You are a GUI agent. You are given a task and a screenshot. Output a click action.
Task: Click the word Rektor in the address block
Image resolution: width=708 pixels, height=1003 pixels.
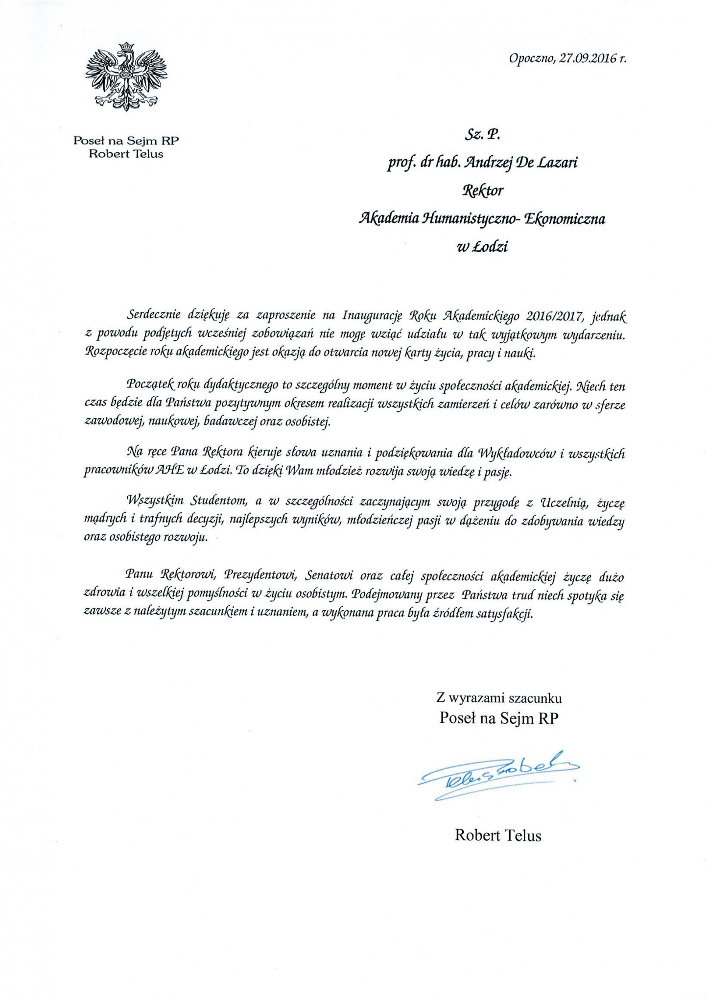pos(483,190)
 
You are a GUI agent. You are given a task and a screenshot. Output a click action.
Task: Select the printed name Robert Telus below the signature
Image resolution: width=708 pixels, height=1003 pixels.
pos(498,835)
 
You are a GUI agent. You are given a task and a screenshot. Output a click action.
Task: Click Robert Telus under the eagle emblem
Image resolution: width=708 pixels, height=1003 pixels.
pos(126,154)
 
